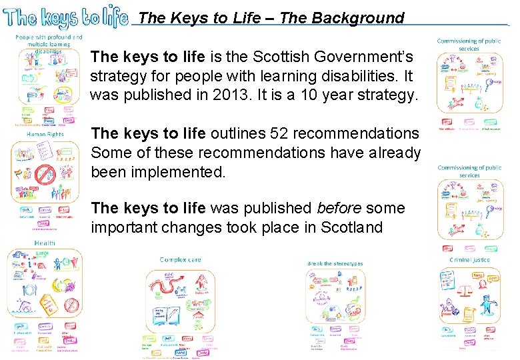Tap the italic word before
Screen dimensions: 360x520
click(340, 208)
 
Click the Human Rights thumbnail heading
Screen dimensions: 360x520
click(45, 134)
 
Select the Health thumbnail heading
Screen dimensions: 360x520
click(45, 243)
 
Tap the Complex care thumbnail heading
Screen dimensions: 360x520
click(182, 259)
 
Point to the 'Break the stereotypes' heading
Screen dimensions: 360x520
click(335, 263)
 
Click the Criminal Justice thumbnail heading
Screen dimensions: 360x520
click(469, 259)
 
